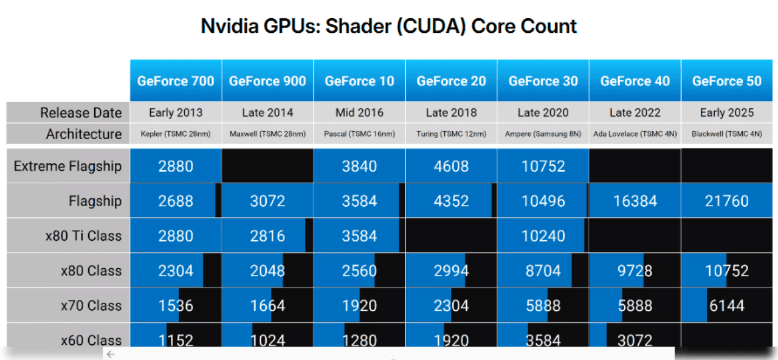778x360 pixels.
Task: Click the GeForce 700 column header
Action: pos(176,81)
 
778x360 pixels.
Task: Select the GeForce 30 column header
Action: pos(543,81)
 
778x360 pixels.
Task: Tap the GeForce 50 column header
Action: pos(727,81)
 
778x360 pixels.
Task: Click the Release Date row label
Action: pos(81,112)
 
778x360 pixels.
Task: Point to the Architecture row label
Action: pos(84,134)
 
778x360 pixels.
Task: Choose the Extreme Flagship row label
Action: pos(67,166)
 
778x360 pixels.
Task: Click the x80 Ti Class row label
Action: pos(83,236)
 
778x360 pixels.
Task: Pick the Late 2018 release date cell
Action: pos(451,112)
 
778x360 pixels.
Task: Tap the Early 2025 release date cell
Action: pos(727,112)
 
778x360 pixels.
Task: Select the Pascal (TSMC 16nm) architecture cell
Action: pos(359,134)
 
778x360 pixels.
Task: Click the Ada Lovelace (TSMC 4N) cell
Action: pos(635,134)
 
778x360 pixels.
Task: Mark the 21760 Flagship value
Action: pos(727,201)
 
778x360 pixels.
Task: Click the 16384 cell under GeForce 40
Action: pos(635,201)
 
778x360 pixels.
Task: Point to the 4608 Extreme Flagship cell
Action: pos(451,166)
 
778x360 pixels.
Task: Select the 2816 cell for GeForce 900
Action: pos(267,236)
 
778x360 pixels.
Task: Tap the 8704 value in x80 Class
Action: pos(543,271)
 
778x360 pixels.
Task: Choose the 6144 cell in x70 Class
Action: pos(727,305)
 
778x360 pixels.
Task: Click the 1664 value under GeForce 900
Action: pos(267,305)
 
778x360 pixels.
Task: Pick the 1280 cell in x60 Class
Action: pos(359,340)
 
